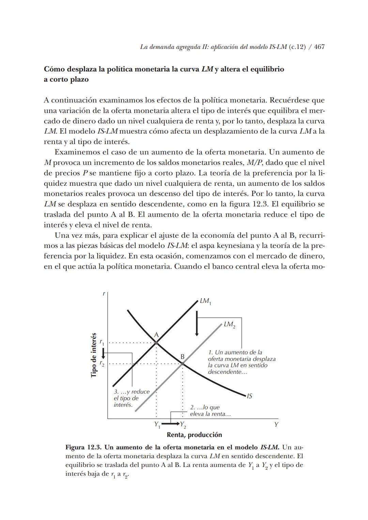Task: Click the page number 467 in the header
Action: [319, 47]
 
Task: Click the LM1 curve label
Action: [205, 301]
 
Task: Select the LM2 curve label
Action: [229, 324]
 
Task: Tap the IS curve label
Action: [249, 396]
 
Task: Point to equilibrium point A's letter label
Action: [156, 335]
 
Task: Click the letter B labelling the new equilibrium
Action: [182, 356]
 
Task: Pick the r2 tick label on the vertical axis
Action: [102, 364]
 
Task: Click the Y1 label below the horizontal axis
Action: [157, 424]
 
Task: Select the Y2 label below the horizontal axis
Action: [183, 425]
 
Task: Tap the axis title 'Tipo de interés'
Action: [94, 355]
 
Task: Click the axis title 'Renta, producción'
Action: [194, 435]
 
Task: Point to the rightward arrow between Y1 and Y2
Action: [170, 424]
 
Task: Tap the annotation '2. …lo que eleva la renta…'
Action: [210, 411]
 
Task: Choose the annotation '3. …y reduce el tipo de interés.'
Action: [131, 398]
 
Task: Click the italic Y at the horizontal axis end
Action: [276, 424]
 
